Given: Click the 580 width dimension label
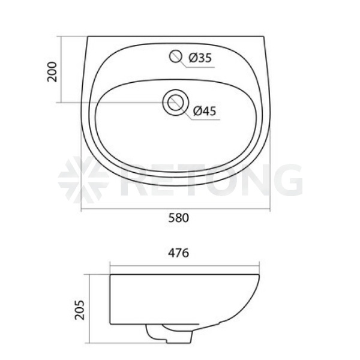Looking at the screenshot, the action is coord(179,218).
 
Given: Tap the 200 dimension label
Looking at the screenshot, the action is coord(52,71).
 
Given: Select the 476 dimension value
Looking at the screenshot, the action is coord(179,253).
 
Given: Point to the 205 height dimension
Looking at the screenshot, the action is coord(79,310).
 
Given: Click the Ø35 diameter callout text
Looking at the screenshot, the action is coord(200,58).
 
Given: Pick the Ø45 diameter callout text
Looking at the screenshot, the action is coord(205,111).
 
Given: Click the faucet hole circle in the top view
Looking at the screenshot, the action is coord(176,56).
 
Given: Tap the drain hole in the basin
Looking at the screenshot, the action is coord(175,102).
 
